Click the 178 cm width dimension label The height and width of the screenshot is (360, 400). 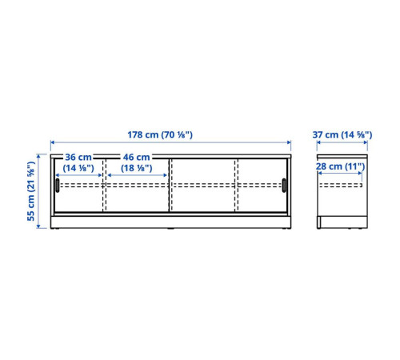(160, 134)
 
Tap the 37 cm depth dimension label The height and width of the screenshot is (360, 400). (342, 134)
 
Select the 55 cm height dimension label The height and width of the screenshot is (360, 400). (31, 191)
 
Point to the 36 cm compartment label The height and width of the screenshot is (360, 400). (78, 157)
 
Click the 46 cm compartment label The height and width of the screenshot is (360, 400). (136, 157)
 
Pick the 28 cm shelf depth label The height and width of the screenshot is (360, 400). (340, 166)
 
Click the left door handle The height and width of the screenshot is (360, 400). (58, 186)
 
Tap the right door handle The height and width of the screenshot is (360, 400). (284, 186)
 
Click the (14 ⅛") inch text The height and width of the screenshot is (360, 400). (78, 168)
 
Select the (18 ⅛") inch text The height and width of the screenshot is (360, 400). (137, 168)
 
